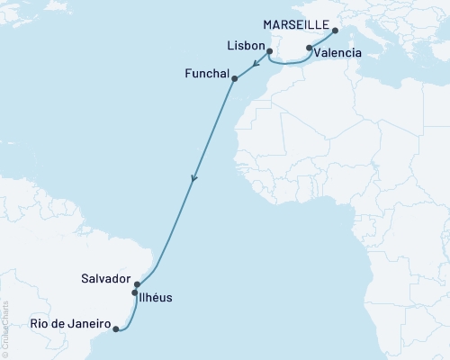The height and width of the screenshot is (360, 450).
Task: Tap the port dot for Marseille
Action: tap(333, 31)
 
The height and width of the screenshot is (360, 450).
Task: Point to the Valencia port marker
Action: tap(310, 48)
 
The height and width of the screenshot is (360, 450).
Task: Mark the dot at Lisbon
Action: tap(270, 51)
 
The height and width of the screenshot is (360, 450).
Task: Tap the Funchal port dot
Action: tap(235, 79)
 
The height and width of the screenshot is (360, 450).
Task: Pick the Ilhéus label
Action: tap(157, 297)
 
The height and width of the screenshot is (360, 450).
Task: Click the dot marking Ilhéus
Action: tap(135, 293)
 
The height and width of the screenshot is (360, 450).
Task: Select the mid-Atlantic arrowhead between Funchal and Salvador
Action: tap(193, 182)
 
